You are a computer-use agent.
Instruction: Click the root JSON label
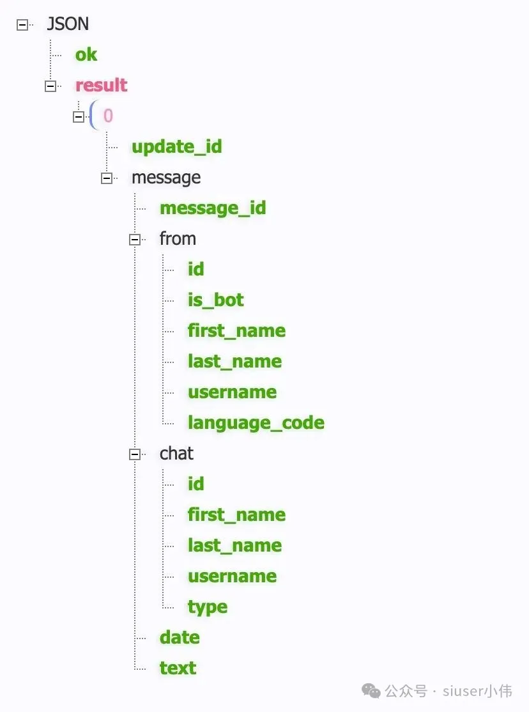point(68,24)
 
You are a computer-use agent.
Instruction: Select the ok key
point(86,55)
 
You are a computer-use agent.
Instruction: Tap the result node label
point(102,86)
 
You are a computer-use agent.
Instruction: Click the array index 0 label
point(108,116)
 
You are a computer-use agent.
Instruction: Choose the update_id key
point(176,147)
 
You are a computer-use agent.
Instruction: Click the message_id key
point(213,208)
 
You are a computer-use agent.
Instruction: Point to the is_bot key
point(215,300)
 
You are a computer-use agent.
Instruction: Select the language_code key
point(256,423)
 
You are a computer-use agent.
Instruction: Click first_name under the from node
point(236,331)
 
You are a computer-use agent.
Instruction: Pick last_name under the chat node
point(234,546)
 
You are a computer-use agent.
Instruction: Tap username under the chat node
point(232,577)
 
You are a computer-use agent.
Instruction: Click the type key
point(207,607)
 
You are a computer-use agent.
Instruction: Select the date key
point(180,638)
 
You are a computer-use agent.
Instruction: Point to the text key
point(178,669)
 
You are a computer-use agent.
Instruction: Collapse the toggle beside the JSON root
point(22,25)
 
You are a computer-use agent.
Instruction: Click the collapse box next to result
point(50,86)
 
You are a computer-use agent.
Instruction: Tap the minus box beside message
point(107,178)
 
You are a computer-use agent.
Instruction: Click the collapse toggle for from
point(135,240)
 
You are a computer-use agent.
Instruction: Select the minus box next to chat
point(135,454)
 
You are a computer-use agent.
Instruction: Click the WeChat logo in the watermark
point(371,690)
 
